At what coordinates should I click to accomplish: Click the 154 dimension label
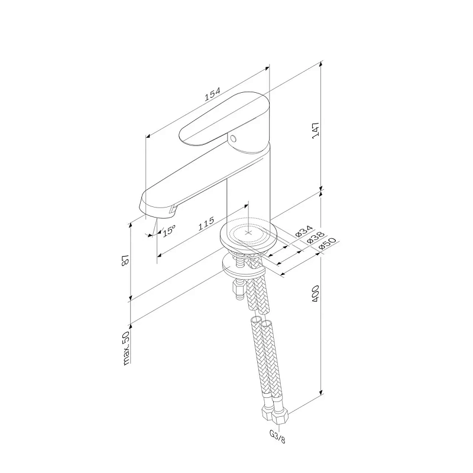coord(213,94)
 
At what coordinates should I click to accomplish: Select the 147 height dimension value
coord(316,130)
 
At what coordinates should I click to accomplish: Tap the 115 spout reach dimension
coord(206,223)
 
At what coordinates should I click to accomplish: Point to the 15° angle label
coord(169,231)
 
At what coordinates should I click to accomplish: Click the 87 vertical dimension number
coord(125,260)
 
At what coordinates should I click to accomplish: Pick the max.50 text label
coord(126,348)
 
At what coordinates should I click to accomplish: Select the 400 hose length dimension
coord(315,294)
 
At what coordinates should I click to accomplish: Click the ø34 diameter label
coord(304,231)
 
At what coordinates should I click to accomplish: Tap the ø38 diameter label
coord(315,238)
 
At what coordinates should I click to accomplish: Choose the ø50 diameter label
coord(327,243)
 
